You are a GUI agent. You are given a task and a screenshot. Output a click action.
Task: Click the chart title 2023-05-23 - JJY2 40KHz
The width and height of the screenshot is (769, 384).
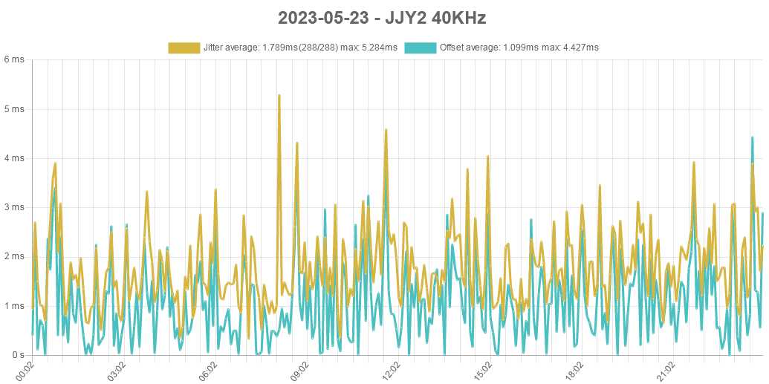pos(382,18)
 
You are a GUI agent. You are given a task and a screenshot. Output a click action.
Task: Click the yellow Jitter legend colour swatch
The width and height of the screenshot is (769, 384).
pos(184,48)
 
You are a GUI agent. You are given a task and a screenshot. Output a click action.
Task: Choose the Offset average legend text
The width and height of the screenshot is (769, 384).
pos(519,48)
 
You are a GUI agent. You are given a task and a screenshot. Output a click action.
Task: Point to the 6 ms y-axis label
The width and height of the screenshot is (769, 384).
pos(14,59)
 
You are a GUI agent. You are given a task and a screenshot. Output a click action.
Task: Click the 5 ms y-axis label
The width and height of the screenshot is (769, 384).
pos(14,108)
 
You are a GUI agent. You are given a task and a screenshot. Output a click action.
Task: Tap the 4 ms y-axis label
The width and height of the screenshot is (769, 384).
pos(14,157)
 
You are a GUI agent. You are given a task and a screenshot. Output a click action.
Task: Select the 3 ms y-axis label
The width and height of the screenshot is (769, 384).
pos(14,206)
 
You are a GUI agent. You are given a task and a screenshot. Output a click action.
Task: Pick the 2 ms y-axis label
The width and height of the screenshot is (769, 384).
pos(14,256)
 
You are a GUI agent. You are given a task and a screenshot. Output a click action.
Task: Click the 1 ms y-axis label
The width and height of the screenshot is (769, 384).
pos(14,305)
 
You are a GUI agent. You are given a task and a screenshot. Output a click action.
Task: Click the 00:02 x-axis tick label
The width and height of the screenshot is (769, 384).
pos(25,371)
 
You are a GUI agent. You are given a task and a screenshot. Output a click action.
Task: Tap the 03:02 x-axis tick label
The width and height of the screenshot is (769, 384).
pos(117,371)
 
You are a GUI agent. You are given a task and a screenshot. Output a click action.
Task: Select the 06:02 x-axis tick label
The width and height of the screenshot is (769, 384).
pos(208,371)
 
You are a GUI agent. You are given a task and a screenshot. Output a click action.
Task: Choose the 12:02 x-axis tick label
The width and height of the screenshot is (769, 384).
pos(392,371)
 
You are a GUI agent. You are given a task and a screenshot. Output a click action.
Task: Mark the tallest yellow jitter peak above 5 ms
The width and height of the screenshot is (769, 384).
pos(279,96)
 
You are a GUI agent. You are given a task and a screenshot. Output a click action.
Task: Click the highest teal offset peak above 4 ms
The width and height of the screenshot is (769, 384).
pos(753,137)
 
